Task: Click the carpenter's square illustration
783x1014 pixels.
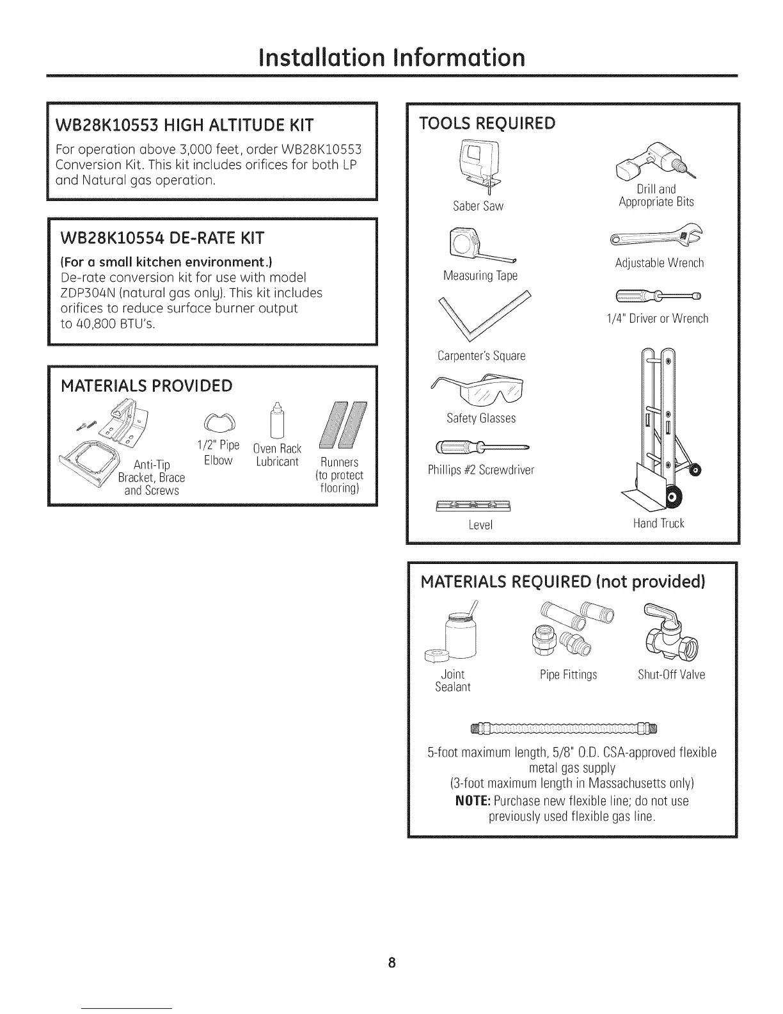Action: pos(486,318)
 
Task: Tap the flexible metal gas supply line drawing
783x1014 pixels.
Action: pos(564,728)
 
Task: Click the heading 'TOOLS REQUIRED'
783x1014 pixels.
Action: pos(487,123)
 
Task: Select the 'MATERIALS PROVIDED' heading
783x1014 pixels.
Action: pos(146,386)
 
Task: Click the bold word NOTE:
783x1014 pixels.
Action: pos(472,801)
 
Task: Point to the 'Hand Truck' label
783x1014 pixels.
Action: pos(658,524)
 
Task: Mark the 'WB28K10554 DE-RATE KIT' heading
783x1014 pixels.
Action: pos(162,239)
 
